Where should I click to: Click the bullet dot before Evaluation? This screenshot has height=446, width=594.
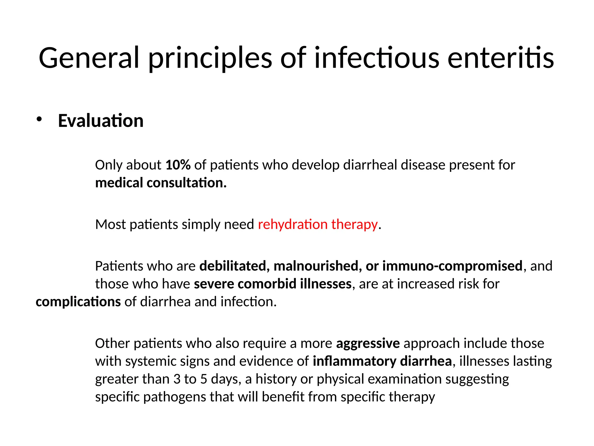pyautogui.click(x=39, y=119)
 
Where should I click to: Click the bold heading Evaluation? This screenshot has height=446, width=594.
pyautogui.click(x=101, y=121)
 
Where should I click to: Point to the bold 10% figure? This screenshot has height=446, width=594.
pyautogui.click(x=178, y=165)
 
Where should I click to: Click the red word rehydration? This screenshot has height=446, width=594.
pyautogui.click(x=293, y=224)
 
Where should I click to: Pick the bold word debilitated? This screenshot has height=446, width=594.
pyautogui.click(x=233, y=266)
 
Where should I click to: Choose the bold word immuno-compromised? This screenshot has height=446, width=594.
pyautogui.click(x=452, y=266)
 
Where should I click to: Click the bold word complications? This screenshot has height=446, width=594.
pyautogui.click(x=78, y=302)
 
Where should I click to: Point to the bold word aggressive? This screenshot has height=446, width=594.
pyautogui.click(x=368, y=344)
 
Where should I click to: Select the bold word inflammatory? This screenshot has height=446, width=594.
pyautogui.click(x=354, y=362)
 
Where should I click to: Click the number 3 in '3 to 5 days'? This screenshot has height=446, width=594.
pyautogui.click(x=177, y=379)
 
